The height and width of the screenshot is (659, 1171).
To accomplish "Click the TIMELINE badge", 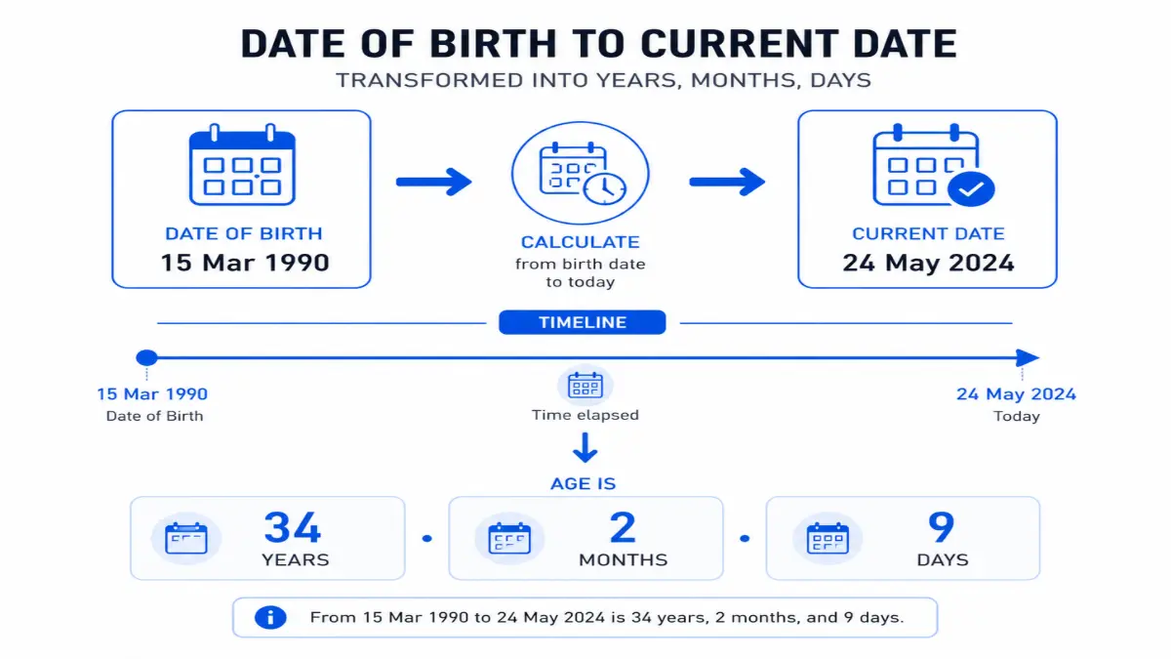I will pos(582,322).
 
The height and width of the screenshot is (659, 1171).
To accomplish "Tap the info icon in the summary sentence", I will pos(269,617).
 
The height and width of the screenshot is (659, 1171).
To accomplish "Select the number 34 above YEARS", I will pos(293,528).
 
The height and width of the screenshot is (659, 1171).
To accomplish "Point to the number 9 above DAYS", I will pos(941,528).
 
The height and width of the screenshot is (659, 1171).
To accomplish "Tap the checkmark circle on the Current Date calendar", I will pos(971,190).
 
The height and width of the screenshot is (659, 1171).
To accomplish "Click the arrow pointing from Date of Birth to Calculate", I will pos(433,181).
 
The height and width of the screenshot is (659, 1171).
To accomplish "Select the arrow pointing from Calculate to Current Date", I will pos(727,181).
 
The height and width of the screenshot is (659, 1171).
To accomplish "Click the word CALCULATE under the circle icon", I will pos(580,242).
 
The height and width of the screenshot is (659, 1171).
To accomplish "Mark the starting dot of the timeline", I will pos(146,358).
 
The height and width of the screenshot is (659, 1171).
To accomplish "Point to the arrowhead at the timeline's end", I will pos(1027,358).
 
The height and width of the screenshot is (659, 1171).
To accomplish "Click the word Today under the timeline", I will pos(1017,416).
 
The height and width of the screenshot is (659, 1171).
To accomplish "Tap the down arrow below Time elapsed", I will pos(585,448).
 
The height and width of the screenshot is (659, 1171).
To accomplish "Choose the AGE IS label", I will pos(584,483).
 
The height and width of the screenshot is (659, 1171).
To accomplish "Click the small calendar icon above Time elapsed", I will pos(585,386).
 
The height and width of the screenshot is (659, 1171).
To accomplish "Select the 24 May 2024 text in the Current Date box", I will pos(927,263).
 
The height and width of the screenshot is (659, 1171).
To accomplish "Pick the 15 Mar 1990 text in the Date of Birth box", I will pos(245,263).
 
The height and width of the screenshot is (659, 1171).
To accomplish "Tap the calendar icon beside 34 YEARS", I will pos(186,539).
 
